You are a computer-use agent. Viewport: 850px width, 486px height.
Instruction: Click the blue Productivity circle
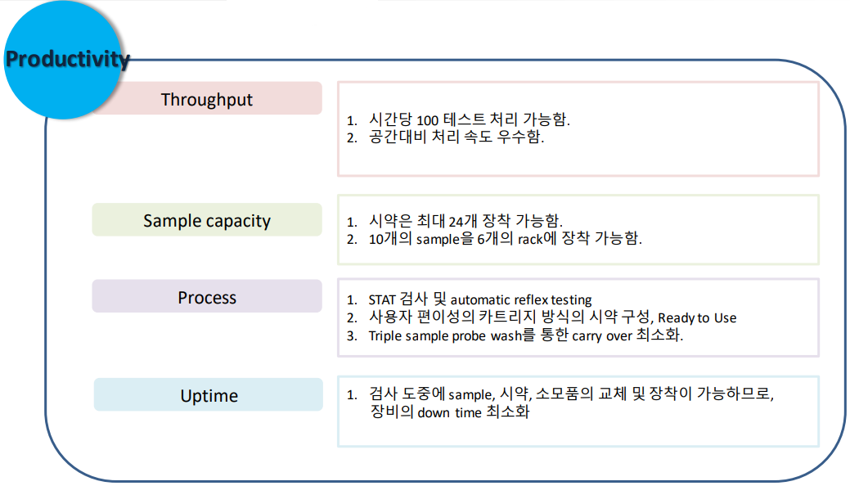[x=63, y=59]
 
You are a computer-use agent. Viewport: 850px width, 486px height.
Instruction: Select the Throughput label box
[x=207, y=99]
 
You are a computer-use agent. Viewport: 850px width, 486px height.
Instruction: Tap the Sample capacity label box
[x=207, y=220]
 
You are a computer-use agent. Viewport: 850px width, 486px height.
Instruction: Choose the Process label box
[x=207, y=297]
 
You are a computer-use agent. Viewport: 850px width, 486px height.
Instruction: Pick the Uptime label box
[x=209, y=395]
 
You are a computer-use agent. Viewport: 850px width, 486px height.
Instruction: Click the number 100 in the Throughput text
[x=427, y=120]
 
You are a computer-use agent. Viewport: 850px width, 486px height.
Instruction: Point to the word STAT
[x=381, y=300]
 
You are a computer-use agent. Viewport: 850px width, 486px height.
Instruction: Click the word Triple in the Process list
[x=385, y=336]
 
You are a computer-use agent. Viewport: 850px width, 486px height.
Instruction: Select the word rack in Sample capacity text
[x=530, y=239]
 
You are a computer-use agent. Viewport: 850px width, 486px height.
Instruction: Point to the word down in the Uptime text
[x=434, y=413]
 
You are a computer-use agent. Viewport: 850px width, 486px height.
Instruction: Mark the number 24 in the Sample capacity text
[x=456, y=221]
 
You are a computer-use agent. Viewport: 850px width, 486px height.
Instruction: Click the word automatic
[x=480, y=300]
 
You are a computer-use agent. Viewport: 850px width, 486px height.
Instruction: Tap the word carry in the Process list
[x=587, y=336]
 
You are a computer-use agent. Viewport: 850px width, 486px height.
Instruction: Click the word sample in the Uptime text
[x=470, y=395]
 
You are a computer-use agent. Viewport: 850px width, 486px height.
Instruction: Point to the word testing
[x=571, y=300]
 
